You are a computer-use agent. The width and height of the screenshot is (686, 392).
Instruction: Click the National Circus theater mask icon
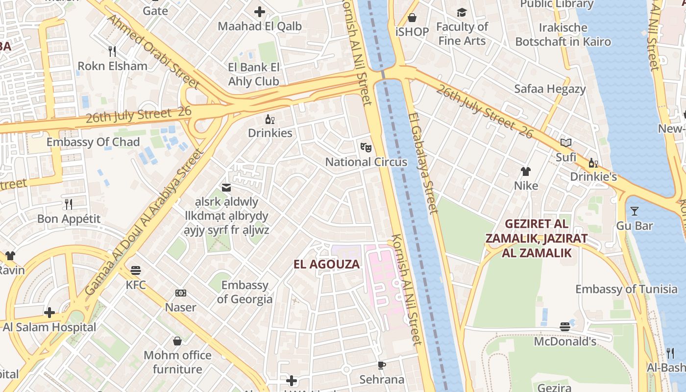[366, 147]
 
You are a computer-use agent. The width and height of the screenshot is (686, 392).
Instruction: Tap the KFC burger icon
[136, 270]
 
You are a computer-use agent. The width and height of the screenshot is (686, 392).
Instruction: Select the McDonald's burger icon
[565, 326]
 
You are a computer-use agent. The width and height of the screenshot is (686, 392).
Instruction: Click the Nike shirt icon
[526, 171]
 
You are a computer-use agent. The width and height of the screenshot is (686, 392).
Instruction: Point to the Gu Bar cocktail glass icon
[635, 211]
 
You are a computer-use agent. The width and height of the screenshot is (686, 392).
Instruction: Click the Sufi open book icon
[566, 143]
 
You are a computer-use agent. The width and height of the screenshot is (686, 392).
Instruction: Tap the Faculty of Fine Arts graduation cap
[462, 12]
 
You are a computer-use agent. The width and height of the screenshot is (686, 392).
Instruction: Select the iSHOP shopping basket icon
[412, 18]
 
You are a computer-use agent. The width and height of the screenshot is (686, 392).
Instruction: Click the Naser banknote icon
[181, 293]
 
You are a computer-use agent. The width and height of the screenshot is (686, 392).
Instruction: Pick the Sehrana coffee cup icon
[382, 365]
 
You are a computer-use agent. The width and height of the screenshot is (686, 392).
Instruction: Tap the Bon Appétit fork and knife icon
[69, 204]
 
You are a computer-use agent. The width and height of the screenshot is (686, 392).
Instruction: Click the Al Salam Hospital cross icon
[49, 312]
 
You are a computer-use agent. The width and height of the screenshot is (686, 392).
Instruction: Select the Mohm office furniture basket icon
[177, 341]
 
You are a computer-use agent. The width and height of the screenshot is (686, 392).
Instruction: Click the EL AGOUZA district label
[326, 264]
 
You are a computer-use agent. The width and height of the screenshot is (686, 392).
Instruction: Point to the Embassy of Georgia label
[245, 292]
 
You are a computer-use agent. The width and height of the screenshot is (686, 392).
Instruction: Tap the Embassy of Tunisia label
[626, 289]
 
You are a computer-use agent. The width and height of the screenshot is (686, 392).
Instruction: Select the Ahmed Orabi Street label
[153, 51]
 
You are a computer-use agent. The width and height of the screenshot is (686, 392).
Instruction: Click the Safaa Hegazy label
[550, 89]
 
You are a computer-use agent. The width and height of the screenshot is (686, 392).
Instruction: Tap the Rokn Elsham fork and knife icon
[112, 51]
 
